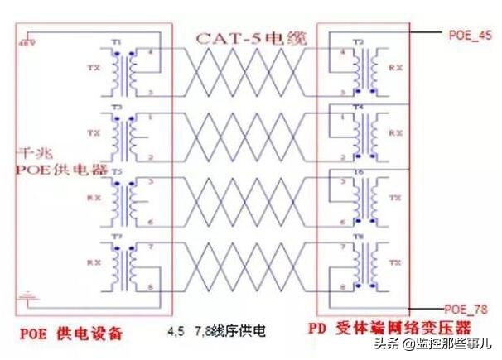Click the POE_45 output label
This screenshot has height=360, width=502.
[471, 35]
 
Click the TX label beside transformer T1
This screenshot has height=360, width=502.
[93, 68]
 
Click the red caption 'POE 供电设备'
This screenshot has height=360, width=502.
[70, 334]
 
